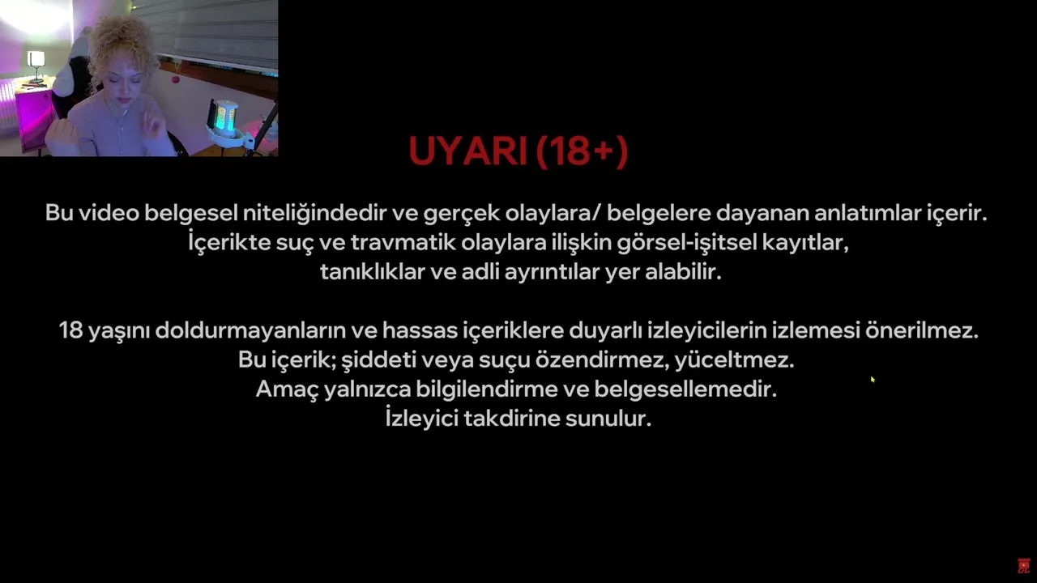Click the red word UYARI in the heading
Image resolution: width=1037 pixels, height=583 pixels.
[468, 151]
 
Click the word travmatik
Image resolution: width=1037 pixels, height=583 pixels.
[403, 242]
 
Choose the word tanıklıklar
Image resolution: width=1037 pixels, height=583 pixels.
[372, 271]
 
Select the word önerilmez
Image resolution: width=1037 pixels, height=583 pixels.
[922, 330]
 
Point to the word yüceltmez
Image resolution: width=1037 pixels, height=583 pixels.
[734, 360]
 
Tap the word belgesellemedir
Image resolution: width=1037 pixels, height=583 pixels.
[685, 389]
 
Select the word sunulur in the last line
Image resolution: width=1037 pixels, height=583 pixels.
[608, 419]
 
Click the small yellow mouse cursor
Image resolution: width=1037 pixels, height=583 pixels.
[873, 380]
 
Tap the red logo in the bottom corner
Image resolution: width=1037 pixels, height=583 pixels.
[1023, 566]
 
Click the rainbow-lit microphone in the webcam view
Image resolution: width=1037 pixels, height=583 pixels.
[224, 118]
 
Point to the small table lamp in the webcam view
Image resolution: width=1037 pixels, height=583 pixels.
[36, 66]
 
